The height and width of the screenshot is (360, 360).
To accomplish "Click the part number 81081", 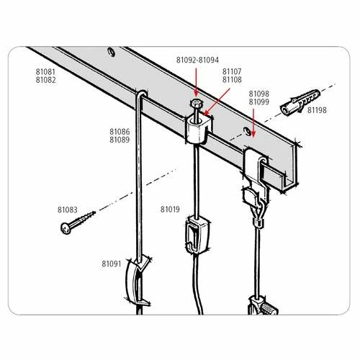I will (45, 72).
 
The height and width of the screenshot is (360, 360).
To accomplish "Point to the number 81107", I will (232, 71).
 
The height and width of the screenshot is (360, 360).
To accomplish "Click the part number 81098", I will (259, 94).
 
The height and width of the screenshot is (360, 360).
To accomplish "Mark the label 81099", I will (259, 102).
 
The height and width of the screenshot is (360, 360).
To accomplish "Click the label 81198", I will (317, 110).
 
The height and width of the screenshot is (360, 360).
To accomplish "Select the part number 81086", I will (120, 132).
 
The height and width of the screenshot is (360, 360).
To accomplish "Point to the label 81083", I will (68, 210).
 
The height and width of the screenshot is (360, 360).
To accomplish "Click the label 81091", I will (111, 264).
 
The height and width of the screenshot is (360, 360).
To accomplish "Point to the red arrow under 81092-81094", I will (197, 85).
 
